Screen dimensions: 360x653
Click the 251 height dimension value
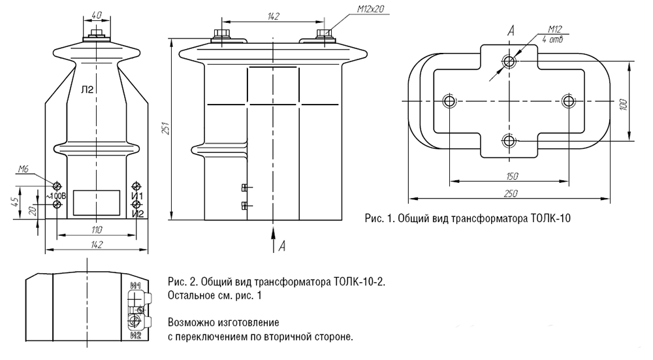167,129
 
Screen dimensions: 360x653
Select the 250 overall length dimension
510,193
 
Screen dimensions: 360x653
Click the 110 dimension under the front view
96,229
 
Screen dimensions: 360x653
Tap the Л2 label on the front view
88,90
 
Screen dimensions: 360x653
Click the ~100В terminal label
56,195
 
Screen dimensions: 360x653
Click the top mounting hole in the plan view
509,61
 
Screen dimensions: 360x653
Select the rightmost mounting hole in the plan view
569,101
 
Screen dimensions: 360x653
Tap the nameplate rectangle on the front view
96,202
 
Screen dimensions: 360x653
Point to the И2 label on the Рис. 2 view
136,336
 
